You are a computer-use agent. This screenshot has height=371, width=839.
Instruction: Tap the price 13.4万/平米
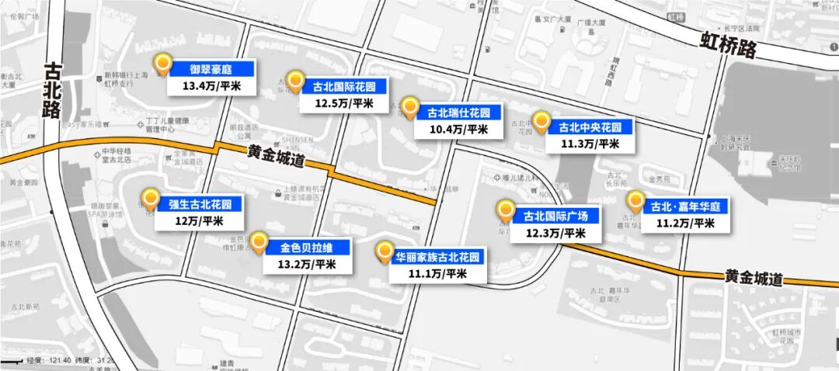coord(211,85)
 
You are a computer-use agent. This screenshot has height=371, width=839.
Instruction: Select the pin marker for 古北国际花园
coord(294,80)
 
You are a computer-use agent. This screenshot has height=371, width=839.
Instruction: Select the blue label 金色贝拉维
coord(307,248)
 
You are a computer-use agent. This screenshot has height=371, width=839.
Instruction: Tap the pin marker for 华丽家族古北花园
coord(384,251)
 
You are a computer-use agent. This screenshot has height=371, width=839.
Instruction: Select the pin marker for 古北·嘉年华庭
coord(635,201)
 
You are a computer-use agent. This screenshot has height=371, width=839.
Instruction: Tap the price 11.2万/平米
coord(686,223)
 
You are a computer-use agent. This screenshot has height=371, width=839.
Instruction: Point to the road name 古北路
coord(52,91)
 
